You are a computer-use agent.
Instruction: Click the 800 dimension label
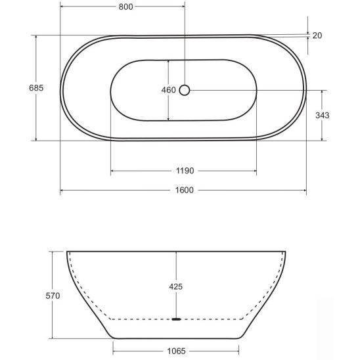[126, 7]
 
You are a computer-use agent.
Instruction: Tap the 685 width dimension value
[36, 88]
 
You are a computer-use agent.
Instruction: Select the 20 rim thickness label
[317, 35]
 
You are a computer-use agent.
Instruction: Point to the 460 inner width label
[169, 90]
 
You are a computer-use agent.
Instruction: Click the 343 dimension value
[323, 115]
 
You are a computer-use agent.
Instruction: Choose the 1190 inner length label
[185, 171]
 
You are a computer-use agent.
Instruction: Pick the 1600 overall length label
[185, 190]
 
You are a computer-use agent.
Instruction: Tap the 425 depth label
[175, 286]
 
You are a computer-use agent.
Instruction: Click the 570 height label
[53, 296]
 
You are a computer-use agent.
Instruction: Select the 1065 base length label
[176, 351]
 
